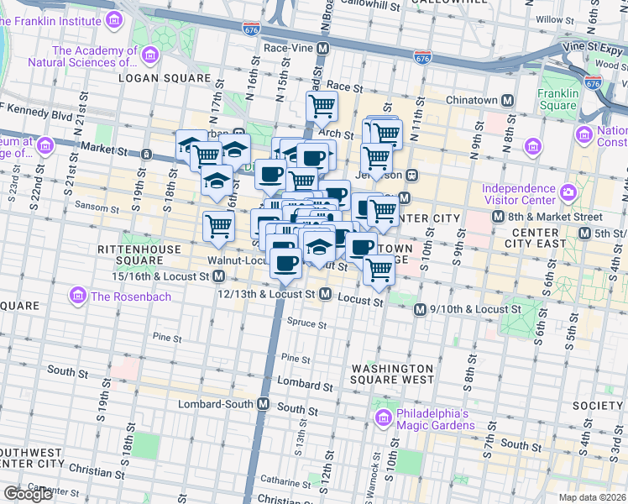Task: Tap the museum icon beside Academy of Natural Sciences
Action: [x=150, y=55]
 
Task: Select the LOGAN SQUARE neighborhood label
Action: [x=164, y=78]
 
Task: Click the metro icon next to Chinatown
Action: [x=507, y=101]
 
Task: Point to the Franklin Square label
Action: [x=558, y=99]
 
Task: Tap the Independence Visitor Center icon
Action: [x=568, y=192]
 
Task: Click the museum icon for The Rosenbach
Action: [x=78, y=296]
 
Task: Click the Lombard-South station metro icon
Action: [x=263, y=404]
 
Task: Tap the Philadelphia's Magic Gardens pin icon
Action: [x=384, y=417]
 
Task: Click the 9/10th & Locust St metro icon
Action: [x=420, y=310]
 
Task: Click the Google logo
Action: [x=28, y=494]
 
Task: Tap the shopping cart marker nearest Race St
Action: [x=321, y=107]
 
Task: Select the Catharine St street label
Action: [x=287, y=482]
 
